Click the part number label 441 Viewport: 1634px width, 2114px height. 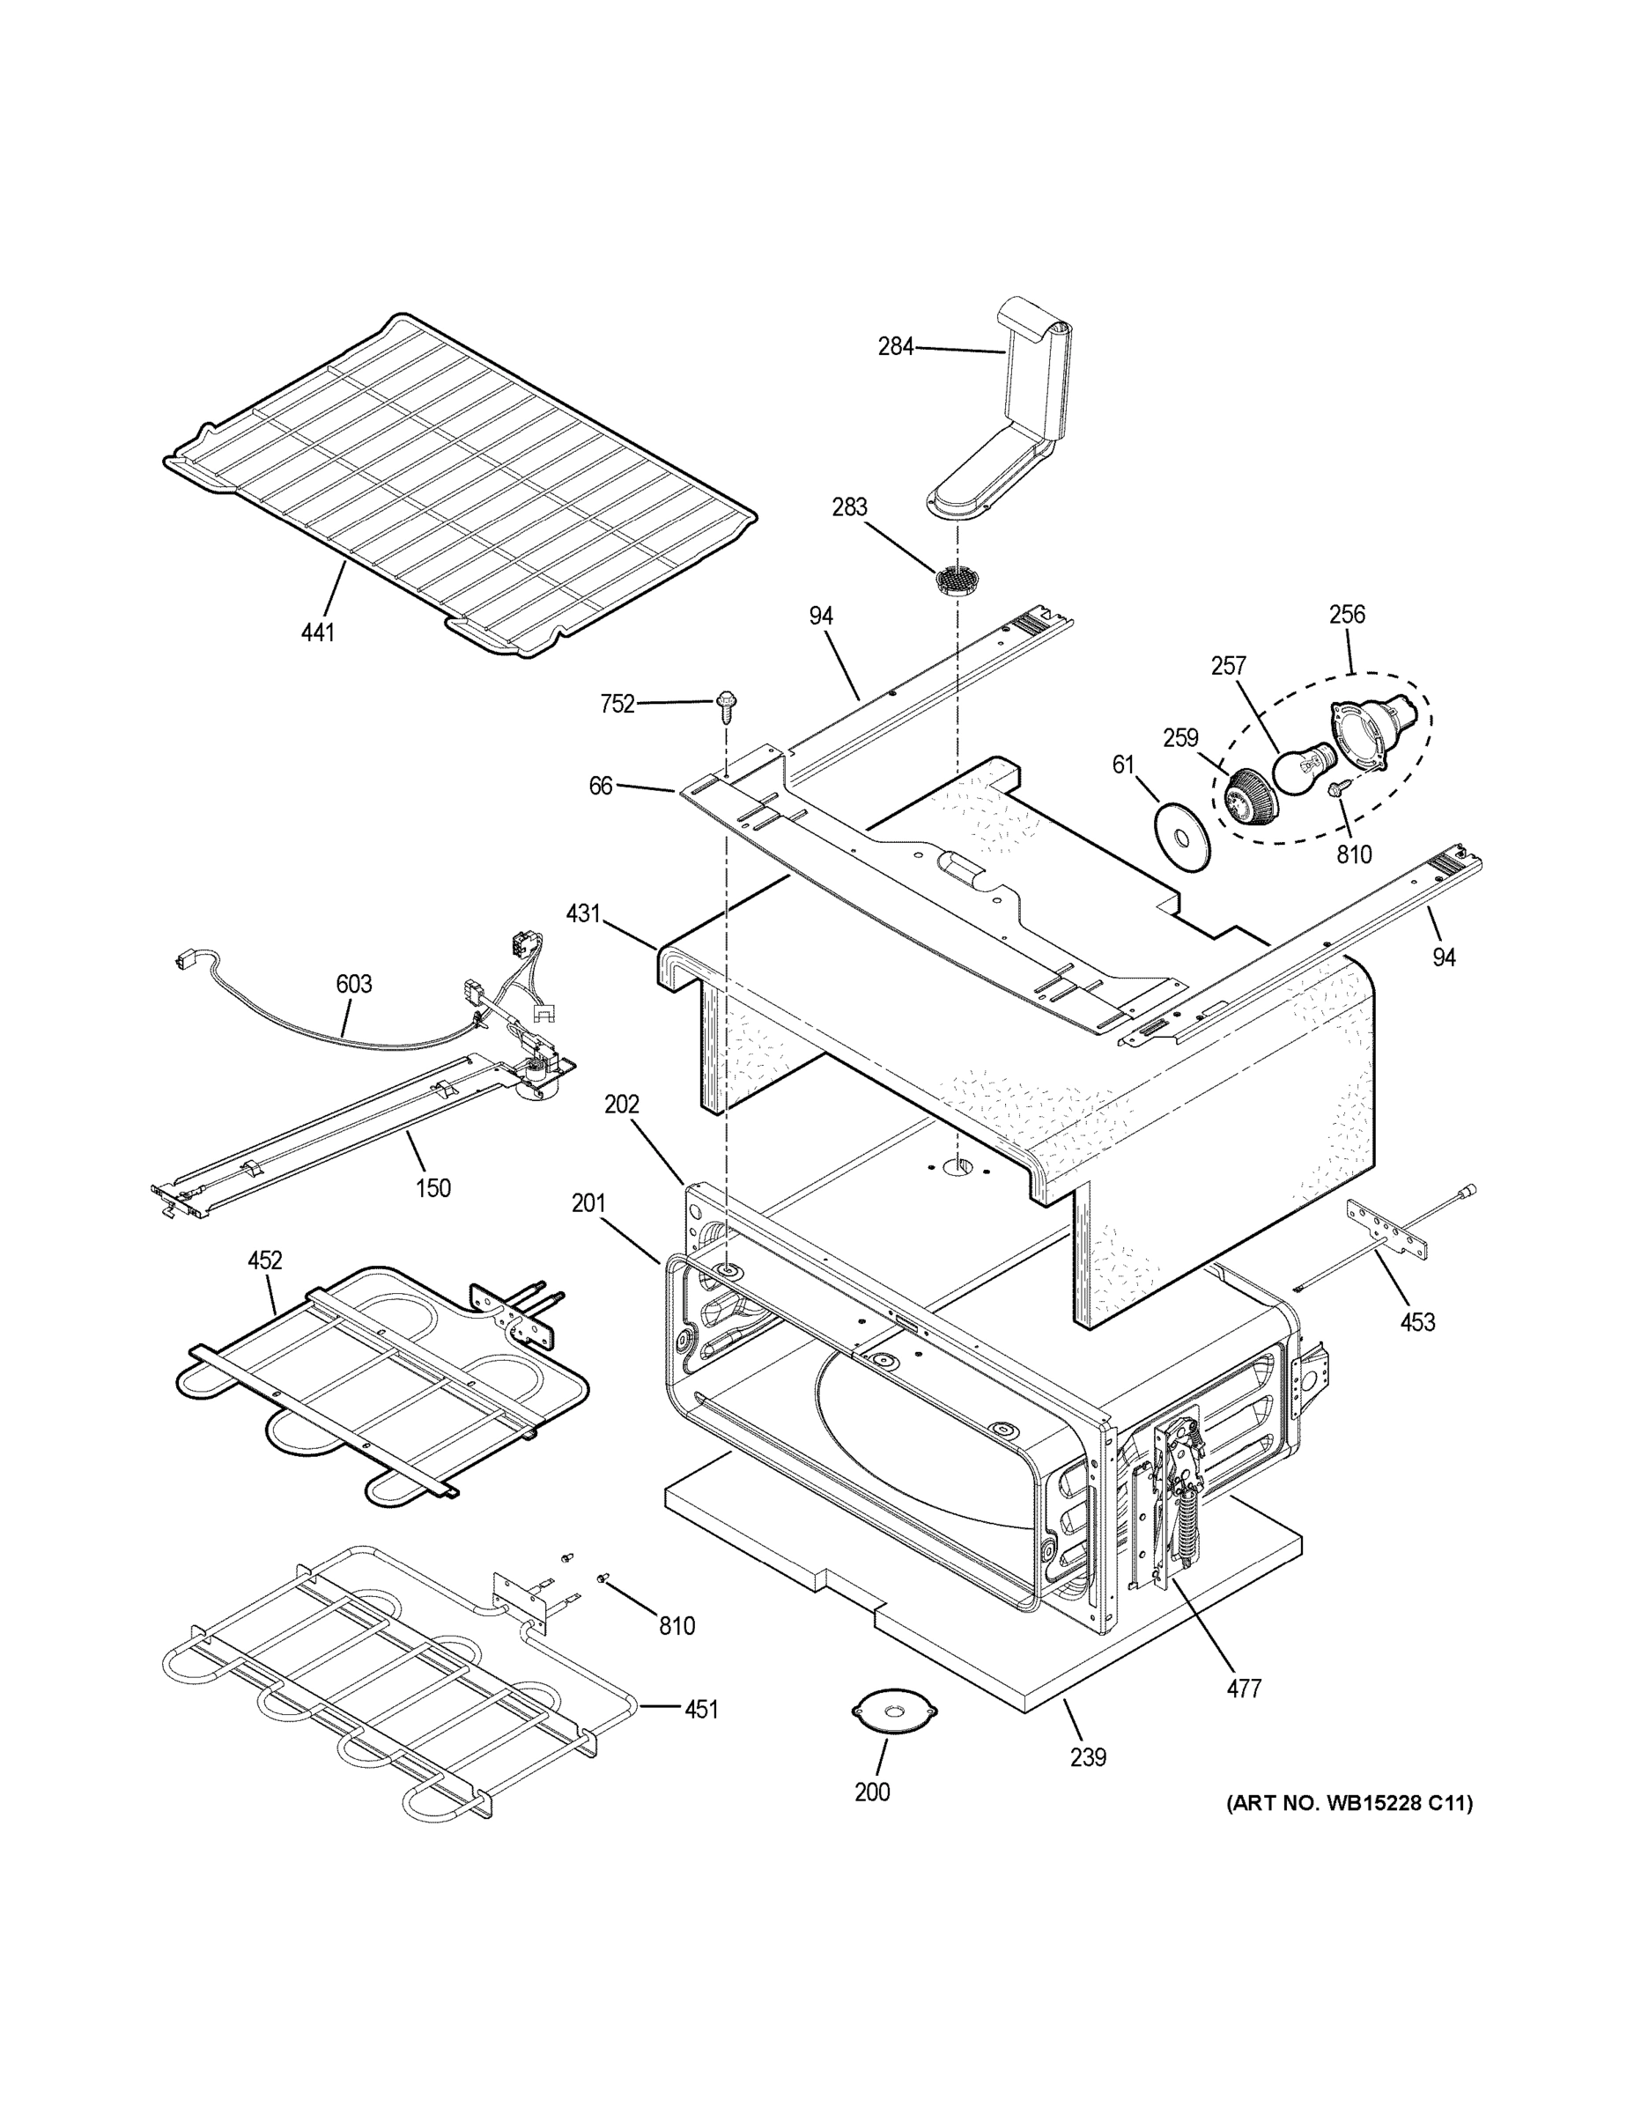pyautogui.click(x=316, y=633)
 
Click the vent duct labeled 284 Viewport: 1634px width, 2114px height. pyautogui.click(x=1011, y=426)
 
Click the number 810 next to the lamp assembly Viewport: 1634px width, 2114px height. pyautogui.click(x=1353, y=854)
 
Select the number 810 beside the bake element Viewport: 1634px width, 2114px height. pyautogui.click(x=677, y=1626)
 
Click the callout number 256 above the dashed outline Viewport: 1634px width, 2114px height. pyautogui.click(x=1347, y=614)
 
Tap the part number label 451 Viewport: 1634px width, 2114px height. pyautogui.click(x=701, y=1710)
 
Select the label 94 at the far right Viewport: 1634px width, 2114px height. pyautogui.click(x=1444, y=957)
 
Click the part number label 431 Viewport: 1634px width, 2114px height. pyautogui.click(x=584, y=913)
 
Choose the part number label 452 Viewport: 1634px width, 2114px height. pyautogui.click(x=264, y=1260)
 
